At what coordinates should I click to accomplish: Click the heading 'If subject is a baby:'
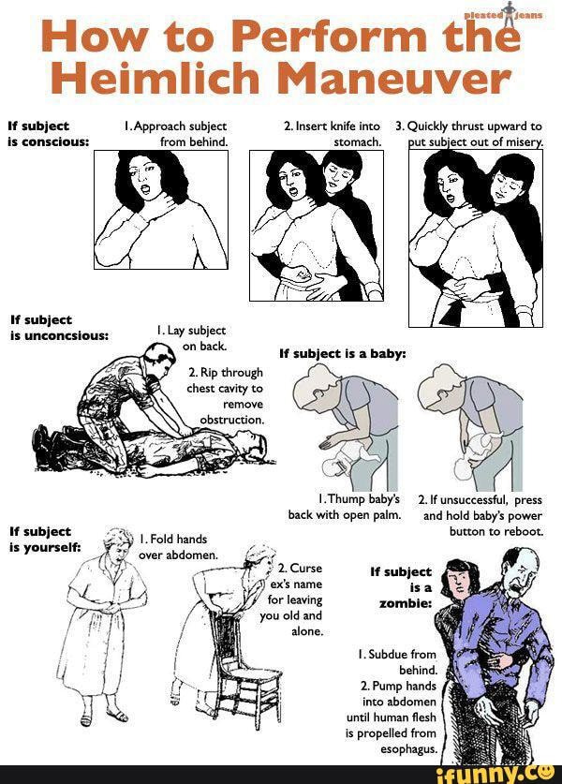coord(343,354)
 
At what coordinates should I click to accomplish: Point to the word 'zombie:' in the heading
coord(406,603)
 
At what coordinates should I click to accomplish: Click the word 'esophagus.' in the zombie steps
coord(409,749)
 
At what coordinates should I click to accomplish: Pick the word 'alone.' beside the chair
coord(307,631)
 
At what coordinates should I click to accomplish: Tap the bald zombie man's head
coord(520,567)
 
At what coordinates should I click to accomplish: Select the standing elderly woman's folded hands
coord(109,609)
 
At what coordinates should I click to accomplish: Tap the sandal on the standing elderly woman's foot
coord(118,716)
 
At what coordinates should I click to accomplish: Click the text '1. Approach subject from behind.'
coord(176,134)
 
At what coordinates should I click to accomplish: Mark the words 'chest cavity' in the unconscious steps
coord(218,389)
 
